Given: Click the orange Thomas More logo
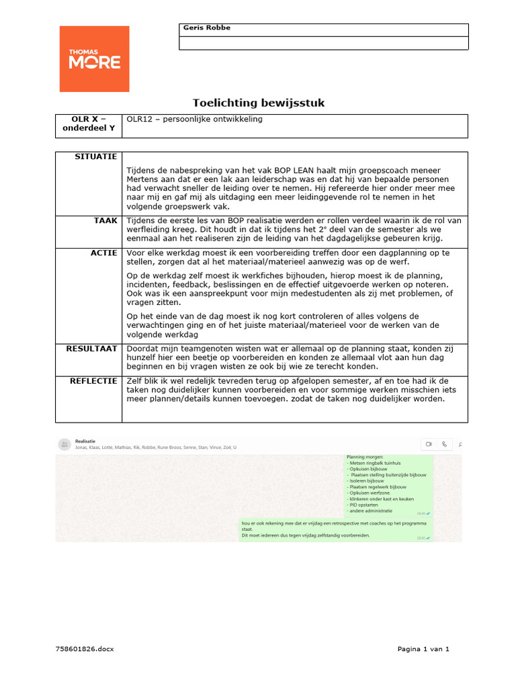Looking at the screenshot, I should (x=95, y=59).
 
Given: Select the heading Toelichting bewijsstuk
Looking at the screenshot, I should (x=259, y=103).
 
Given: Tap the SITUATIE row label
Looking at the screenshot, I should (x=98, y=157).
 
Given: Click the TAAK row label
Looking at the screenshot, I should (x=107, y=220).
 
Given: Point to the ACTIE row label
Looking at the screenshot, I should (x=105, y=253).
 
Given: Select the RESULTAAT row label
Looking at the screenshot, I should (x=92, y=349).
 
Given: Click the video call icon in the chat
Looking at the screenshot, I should (x=428, y=444).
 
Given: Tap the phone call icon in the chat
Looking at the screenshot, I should (x=445, y=444).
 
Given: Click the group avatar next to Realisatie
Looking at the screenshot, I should (x=64, y=444).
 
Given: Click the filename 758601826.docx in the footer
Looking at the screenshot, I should (x=85, y=648).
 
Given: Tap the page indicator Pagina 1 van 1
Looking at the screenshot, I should (x=423, y=648).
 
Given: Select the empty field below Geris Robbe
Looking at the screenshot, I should (x=323, y=43).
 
